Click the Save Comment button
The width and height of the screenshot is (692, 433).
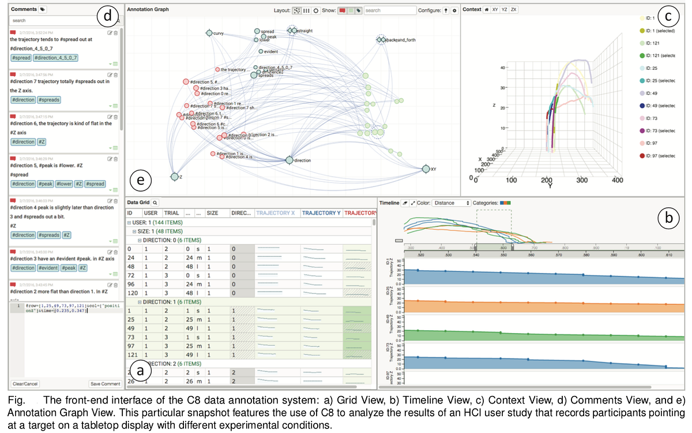[x=105, y=384]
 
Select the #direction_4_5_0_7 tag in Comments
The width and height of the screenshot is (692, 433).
[x=56, y=58]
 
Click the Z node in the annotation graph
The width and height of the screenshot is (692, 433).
[x=174, y=177]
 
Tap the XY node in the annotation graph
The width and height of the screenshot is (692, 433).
[x=426, y=169]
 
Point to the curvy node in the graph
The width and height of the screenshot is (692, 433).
[x=209, y=33]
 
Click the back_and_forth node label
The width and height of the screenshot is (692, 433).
[x=401, y=40]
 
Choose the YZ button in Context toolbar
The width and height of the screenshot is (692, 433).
[x=505, y=10]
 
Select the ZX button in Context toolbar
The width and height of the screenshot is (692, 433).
[x=514, y=10]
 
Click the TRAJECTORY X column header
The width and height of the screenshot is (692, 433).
[x=275, y=213]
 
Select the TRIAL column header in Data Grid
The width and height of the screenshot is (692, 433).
[x=172, y=213]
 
